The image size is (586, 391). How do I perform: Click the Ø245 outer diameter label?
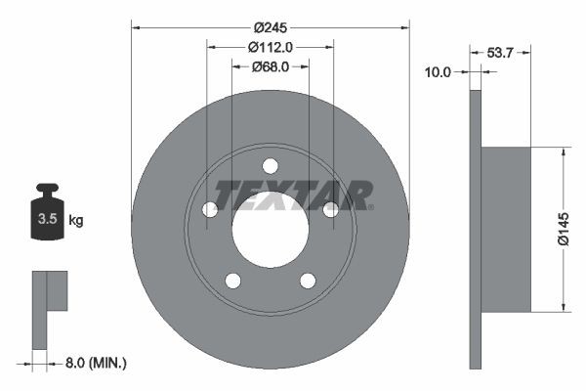pyautogui.click(x=271, y=28)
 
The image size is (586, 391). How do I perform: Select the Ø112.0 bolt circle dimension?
pyautogui.click(x=271, y=47)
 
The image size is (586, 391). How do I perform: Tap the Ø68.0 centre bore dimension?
pyautogui.click(x=271, y=66)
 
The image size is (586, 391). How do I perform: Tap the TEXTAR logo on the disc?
pyautogui.click(x=293, y=194)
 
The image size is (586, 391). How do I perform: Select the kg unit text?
pyautogui.click(x=76, y=221)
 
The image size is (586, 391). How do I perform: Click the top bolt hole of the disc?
pyautogui.click(x=271, y=165)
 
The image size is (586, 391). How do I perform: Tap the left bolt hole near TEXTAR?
pyautogui.click(x=209, y=209)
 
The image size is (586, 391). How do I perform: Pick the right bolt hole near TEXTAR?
pyautogui.click(x=331, y=209)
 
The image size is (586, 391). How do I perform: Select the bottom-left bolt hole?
pyautogui.click(x=232, y=281)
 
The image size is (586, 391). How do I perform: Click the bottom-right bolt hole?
pyautogui.click(x=308, y=281)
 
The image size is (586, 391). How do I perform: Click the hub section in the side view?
pyautogui.click(x=506, y=229)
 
